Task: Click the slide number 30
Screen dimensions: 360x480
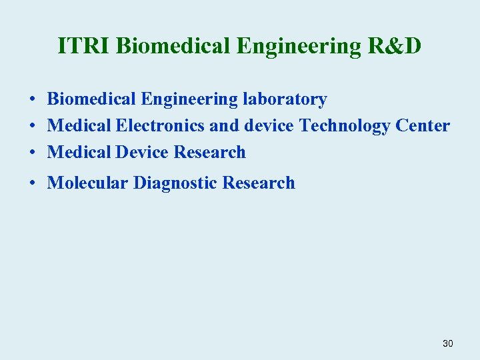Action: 447,343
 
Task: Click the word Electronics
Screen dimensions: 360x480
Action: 160,125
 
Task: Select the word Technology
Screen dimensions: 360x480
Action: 344,126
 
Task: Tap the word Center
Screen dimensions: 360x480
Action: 423,125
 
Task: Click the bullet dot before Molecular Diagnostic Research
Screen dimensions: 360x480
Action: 32,183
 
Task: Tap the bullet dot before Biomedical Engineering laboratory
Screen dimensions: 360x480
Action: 32,100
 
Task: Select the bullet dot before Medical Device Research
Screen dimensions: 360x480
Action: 32,153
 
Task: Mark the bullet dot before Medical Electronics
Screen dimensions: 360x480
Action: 32,126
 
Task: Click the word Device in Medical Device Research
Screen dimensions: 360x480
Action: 142,152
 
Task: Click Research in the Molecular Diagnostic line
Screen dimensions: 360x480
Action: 259,183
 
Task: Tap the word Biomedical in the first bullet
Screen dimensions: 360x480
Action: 91,100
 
